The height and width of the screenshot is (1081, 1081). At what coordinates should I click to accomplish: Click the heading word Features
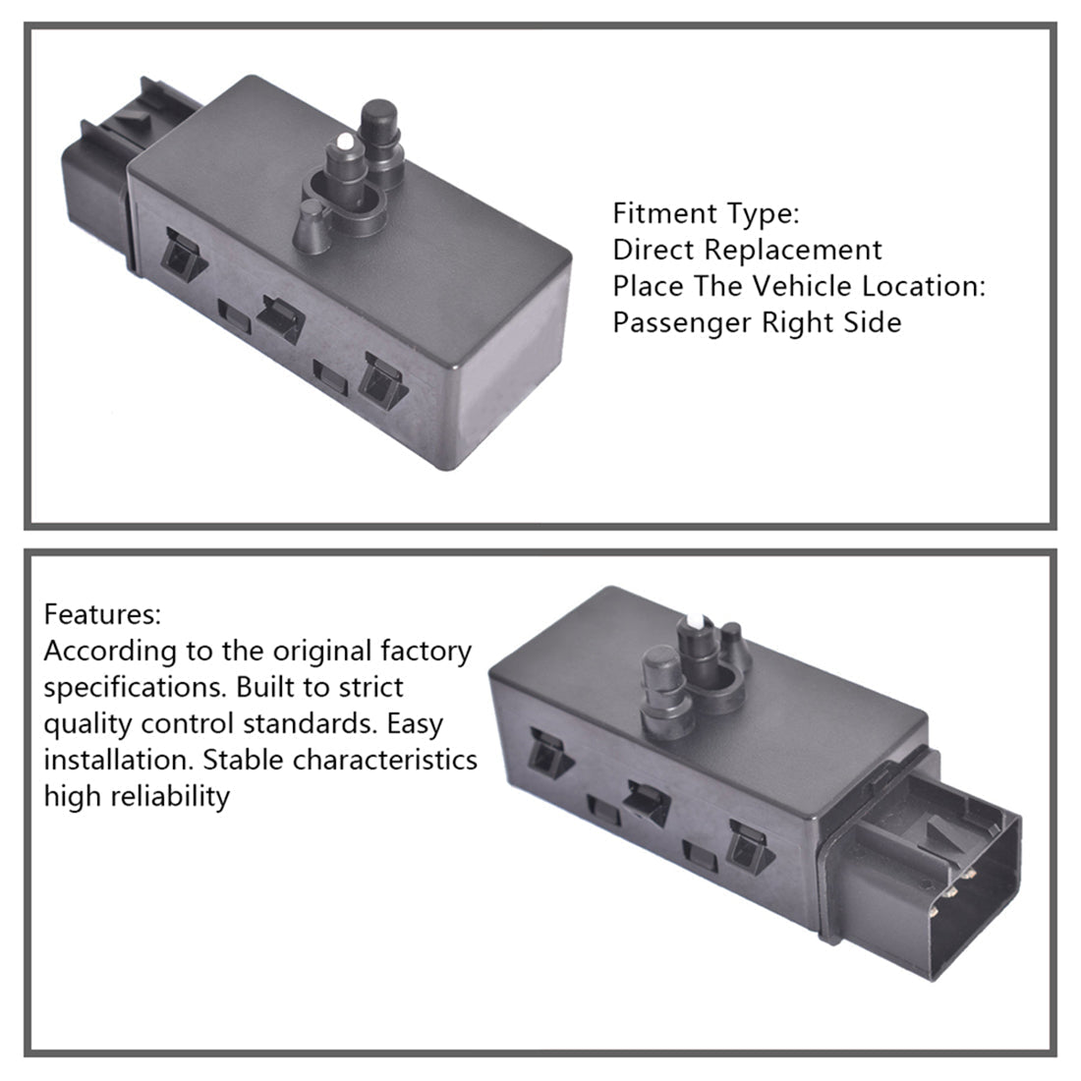coord(102,613)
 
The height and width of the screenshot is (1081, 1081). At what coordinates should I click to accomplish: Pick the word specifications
coord(136,688)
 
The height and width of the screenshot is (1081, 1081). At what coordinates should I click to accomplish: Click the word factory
coord(426,652)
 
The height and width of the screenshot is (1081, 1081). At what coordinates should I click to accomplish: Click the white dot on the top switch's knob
coord(345,142)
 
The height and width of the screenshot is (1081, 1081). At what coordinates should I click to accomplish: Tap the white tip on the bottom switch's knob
coord(696,619)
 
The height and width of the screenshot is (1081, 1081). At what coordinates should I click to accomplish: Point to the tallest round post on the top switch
coord(380,142)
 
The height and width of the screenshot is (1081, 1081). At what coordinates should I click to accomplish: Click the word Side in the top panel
coord(872,322)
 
